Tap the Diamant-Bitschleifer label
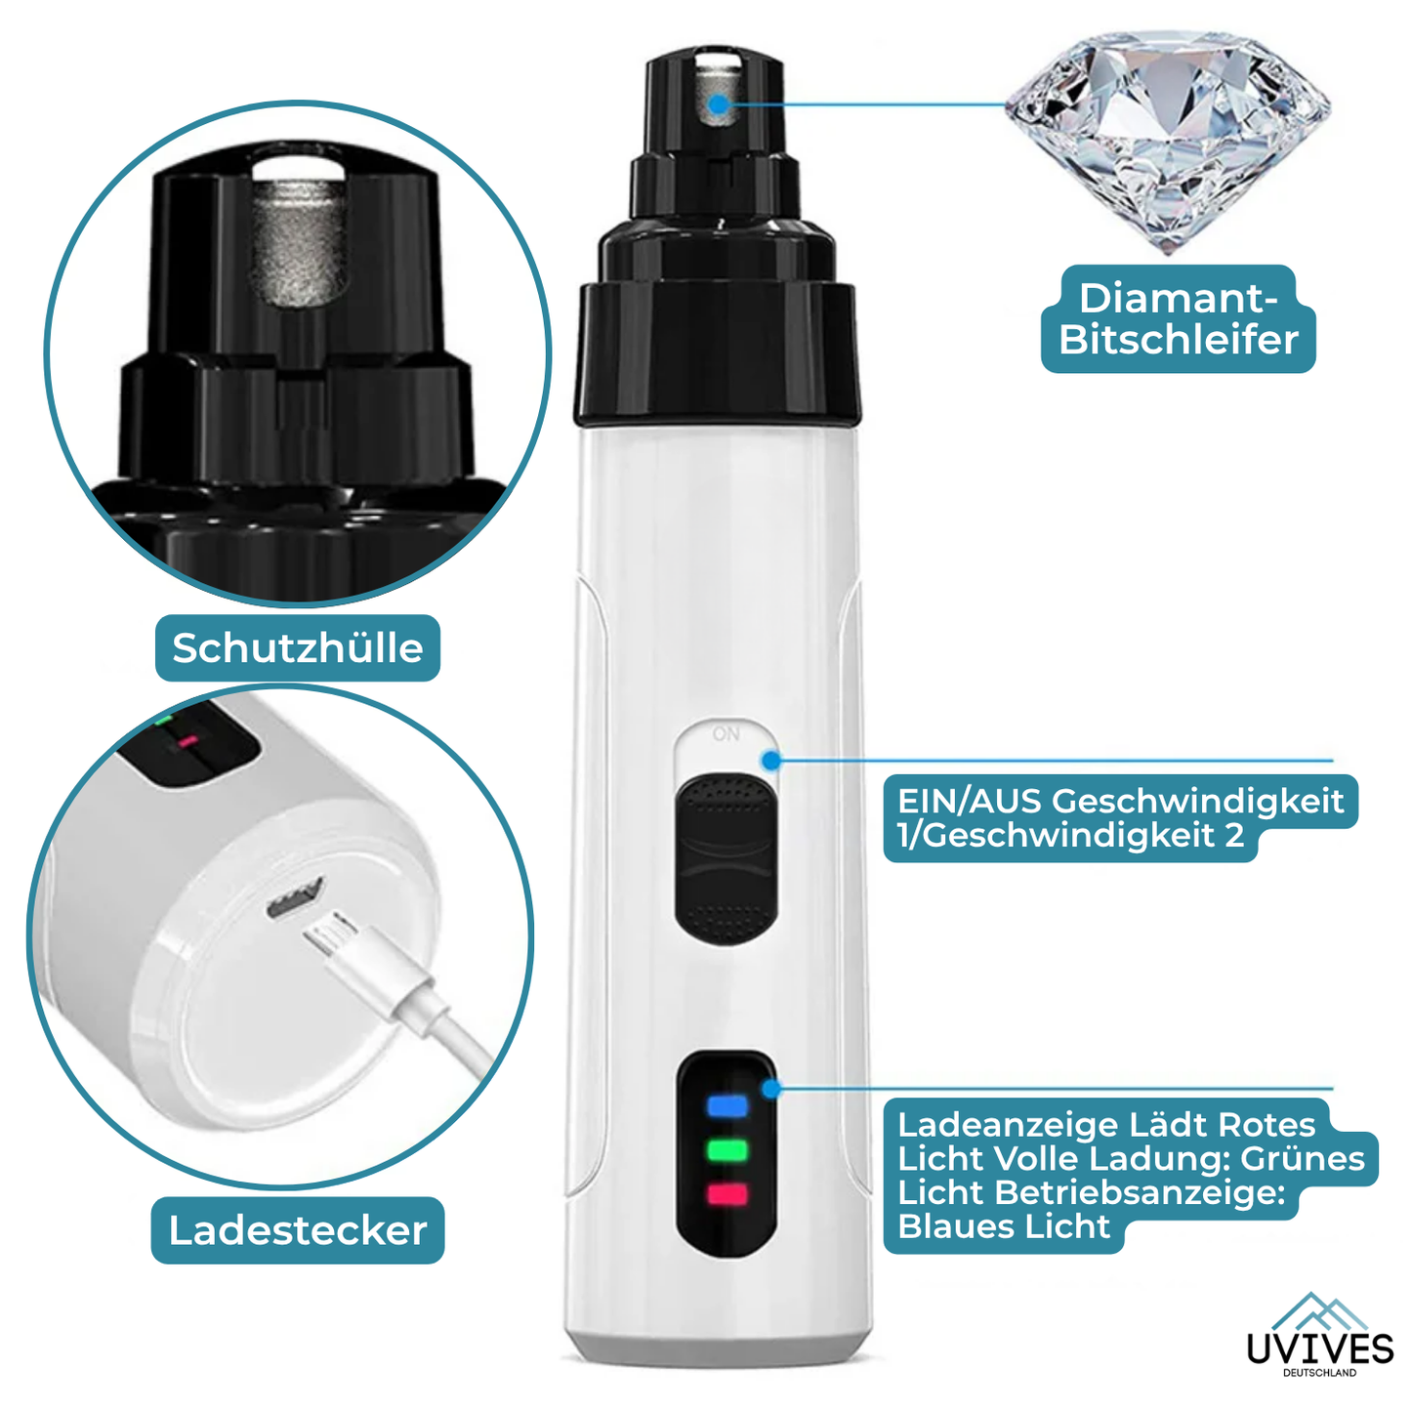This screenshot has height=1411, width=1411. [1178, 319]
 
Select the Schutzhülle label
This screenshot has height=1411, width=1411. [297, 647]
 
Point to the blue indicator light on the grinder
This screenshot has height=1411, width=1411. [727, 1105]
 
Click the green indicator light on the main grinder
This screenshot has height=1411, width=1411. [727, 1150]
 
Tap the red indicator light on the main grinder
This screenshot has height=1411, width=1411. [727, 1194]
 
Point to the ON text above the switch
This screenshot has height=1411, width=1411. [726, 733]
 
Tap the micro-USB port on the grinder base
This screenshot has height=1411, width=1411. [295, 898]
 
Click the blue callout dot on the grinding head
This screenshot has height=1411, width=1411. [720, 104]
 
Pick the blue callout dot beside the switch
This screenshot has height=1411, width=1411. [771, 761]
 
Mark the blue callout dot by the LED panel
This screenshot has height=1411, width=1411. [771, 1089]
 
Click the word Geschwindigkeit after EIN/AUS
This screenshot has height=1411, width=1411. [1198, 803]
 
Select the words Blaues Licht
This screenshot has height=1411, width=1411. [1004, 1226]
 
